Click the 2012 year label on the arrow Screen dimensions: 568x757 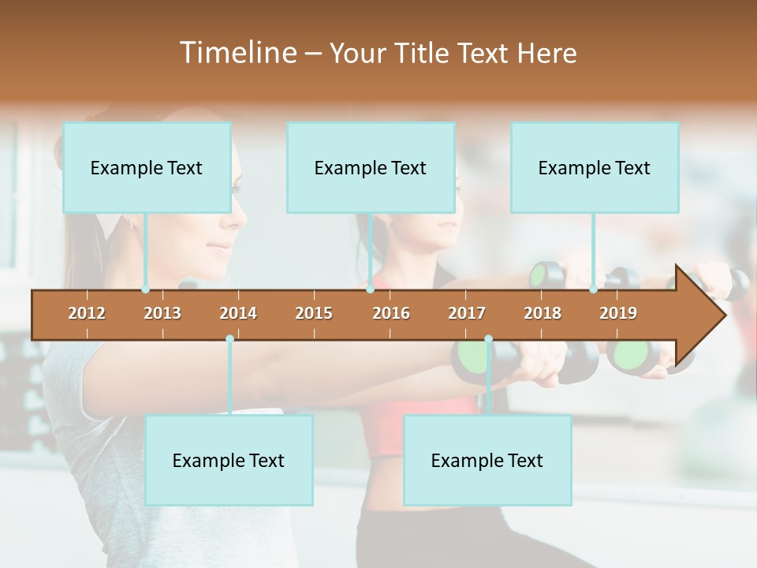[87, 313]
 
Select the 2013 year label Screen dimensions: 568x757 [162, 313]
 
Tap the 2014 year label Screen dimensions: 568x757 [238, 313]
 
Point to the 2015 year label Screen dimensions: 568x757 [314, 313]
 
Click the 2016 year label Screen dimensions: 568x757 [391, 313]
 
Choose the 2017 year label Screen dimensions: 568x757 [467, 313]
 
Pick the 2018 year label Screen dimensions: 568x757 [543, 313]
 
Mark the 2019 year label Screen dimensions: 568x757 [618, 313]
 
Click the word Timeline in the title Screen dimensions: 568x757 [237, 53]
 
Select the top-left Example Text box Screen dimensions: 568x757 [147, 167]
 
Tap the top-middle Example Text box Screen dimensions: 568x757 [371, 167]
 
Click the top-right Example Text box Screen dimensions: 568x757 [595, 167]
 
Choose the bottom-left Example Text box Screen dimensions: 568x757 [229, 461]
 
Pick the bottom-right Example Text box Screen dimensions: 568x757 [487, 461]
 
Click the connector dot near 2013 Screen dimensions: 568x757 [145, 290]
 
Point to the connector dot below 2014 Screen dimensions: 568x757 [229, 338]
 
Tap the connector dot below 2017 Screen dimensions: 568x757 [488, 338]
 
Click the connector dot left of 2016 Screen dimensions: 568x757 [370, 290]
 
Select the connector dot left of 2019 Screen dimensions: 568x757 [593, 290]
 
